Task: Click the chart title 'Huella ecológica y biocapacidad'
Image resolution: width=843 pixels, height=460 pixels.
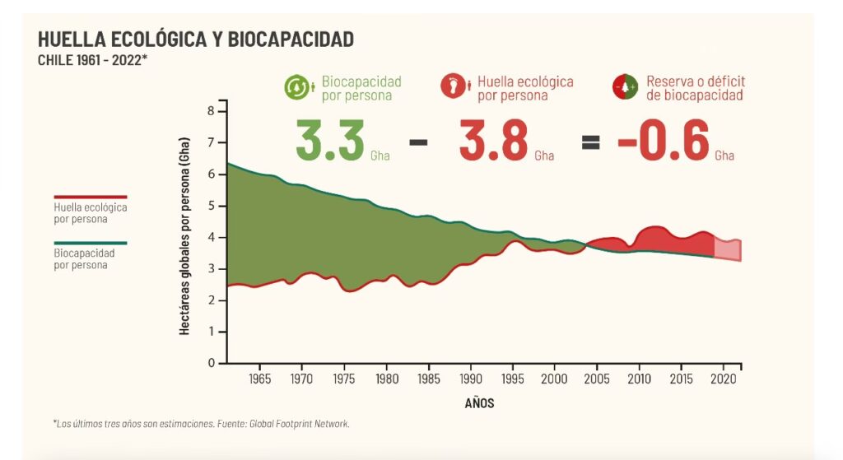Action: pyautogui.click(x=196, y=39)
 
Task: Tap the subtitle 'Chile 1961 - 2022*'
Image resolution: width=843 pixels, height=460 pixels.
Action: pyautogui.click(x=92, y=60)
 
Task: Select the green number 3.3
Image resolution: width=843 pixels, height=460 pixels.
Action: pyautogui.click(x=330, y=141)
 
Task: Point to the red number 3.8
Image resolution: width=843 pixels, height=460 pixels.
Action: pyautogui.click(x=493, y=141)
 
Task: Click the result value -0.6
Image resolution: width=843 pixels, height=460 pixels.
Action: pyautogui.click(x=664, y=141)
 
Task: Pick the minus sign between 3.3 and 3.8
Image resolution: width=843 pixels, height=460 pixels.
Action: pyautogui.click(x=418, y=141)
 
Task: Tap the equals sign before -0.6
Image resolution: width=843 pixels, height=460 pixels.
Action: pyautogui.click(x=590, y=141)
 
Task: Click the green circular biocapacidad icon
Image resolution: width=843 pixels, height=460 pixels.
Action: pyautogui.click(x=296, y=87)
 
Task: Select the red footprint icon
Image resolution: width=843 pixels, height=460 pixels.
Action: pyautogui.click(x=453, y=86)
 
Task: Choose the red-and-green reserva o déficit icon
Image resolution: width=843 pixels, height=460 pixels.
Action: pyautogui.click(x=625, y=87)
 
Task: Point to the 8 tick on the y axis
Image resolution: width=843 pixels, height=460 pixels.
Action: pyautogui.click(x=211, y=111)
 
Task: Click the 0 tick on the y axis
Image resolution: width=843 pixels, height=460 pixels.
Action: pyautogui.click(x=211, y=363)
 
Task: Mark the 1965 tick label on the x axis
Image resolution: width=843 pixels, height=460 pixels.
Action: pyautogui.click(x=260, y=379)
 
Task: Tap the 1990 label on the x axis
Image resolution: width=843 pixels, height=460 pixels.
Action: pyautogui.click(x=471, y=379)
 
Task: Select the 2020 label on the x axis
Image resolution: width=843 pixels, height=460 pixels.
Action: pyautogui.click(x=723, y=379)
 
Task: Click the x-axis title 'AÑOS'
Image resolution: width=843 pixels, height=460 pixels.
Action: pyautogui.click(x=479, y=403)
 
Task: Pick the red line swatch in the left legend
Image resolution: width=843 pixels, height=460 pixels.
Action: pyautogui.click(x=91, y=197)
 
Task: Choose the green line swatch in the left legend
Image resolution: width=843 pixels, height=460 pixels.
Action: pyautogui.click(x=91, y=244)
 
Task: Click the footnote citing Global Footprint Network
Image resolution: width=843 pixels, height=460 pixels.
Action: pyautogui.click(x=202, y=424)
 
